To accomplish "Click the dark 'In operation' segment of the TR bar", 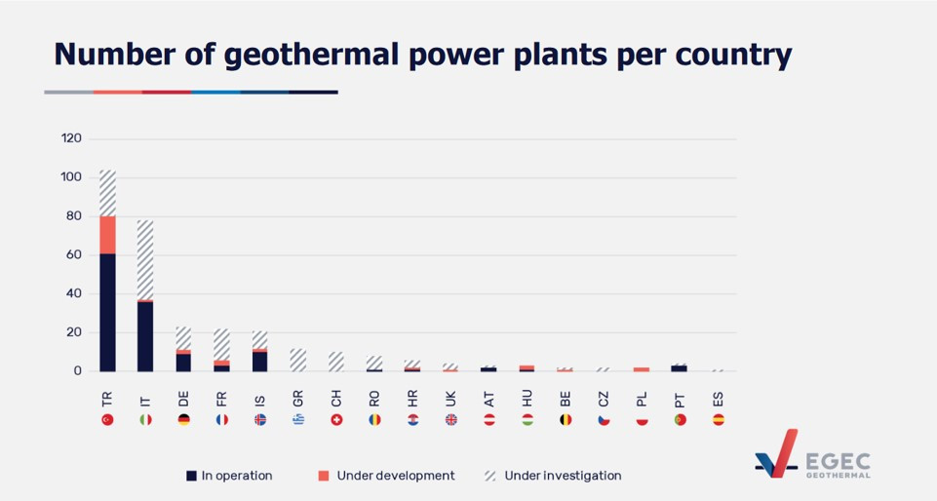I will pyautogui.click(x=107, y=312).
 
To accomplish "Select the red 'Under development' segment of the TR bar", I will pyautogui.click(x=107, y=235).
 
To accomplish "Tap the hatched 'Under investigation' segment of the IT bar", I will pyautogui.click(x=145, y=260).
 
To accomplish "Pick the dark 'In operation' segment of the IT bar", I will pyautogui.click(x=145, y=336).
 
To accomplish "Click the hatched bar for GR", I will pyautogui.click(x=297, y=360).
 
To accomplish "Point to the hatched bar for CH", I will pyautogui.click(x=336, y=362).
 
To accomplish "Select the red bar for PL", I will pyautogui.click(x=642, y=369).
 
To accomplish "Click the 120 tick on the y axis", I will pyautogui.click(x=71, y=138).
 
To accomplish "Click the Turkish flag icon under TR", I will pyautogui.click(x=107, y=420).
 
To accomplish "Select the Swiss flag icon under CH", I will pyautogui.click(x=336, y=420).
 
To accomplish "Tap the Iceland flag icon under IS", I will pyautogui.click(x=260, y=420).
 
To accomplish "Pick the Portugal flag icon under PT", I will pyautogui.click(x=680, y=420).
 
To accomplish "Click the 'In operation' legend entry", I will pyautogui.click(x=230, y=476).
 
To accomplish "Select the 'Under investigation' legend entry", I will pyautogui.click(x=553, y=476).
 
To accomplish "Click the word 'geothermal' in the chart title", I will pyautogui.click(x=309, y=56).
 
